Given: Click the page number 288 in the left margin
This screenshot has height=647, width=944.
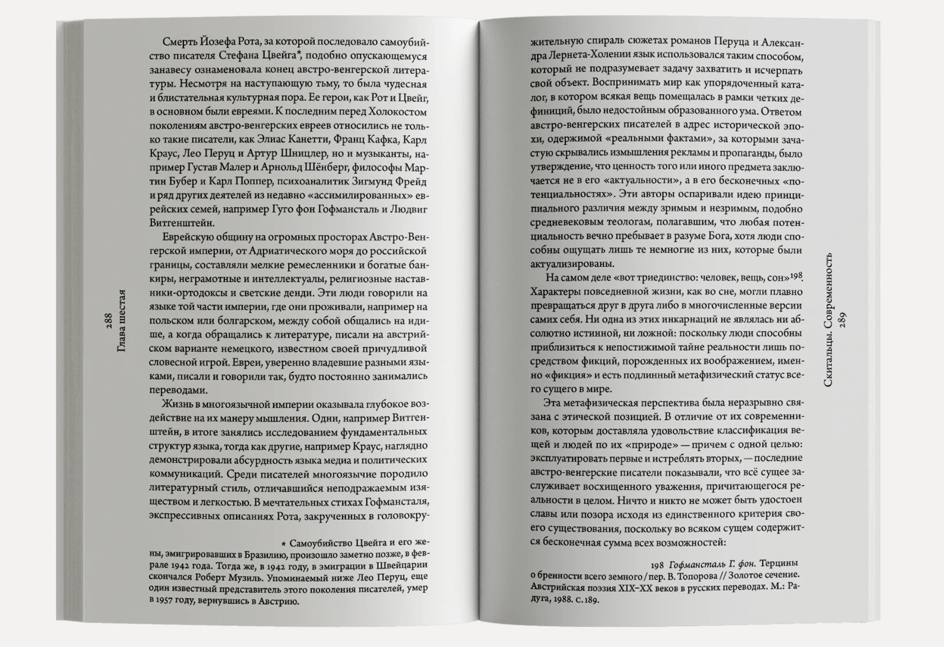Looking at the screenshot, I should (108, 320).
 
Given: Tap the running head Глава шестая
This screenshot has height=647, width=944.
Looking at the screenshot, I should (122, 320).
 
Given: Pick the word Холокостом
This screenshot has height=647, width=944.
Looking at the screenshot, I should (397, 111).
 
